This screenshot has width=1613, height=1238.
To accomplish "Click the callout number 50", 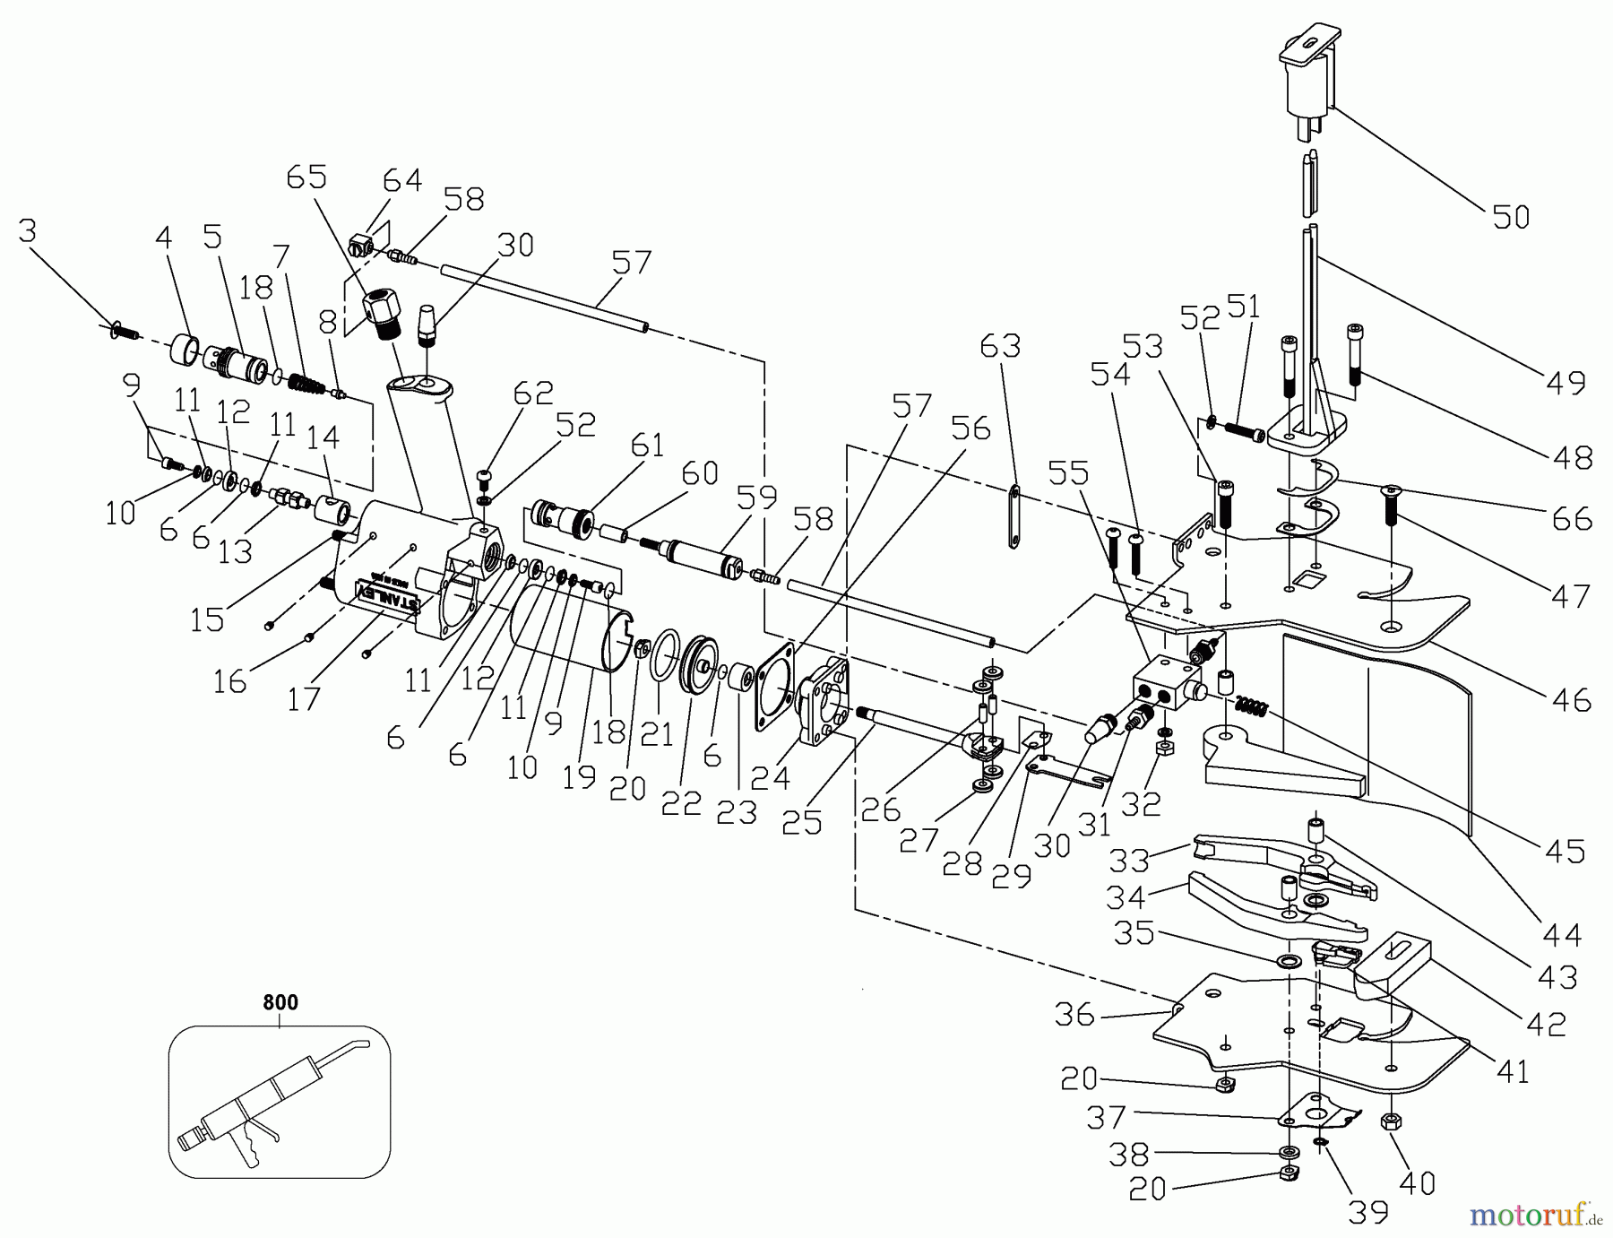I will pyautogui.click(x=1511, y=216).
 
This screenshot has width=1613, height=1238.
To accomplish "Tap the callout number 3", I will pyautogui.click(x=28, y=231).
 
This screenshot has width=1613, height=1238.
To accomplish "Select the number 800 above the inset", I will pyautogui.click(x=280, y=1002).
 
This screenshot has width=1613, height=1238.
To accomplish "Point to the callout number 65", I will pyautogui.click(x=307, y=177).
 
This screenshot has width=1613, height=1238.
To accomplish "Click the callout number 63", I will pyautogui.click(x=1000, y=345).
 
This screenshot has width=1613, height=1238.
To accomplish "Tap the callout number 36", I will pyautogui.click(x=1074, y=1014).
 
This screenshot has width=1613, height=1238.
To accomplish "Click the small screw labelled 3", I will pyautogui.click(x=124, y=333).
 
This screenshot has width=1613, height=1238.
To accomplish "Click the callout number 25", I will pyautogui.click(x=802, y=821).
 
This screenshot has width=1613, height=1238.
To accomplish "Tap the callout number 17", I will pyautogui.click(x=304, y=697).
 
